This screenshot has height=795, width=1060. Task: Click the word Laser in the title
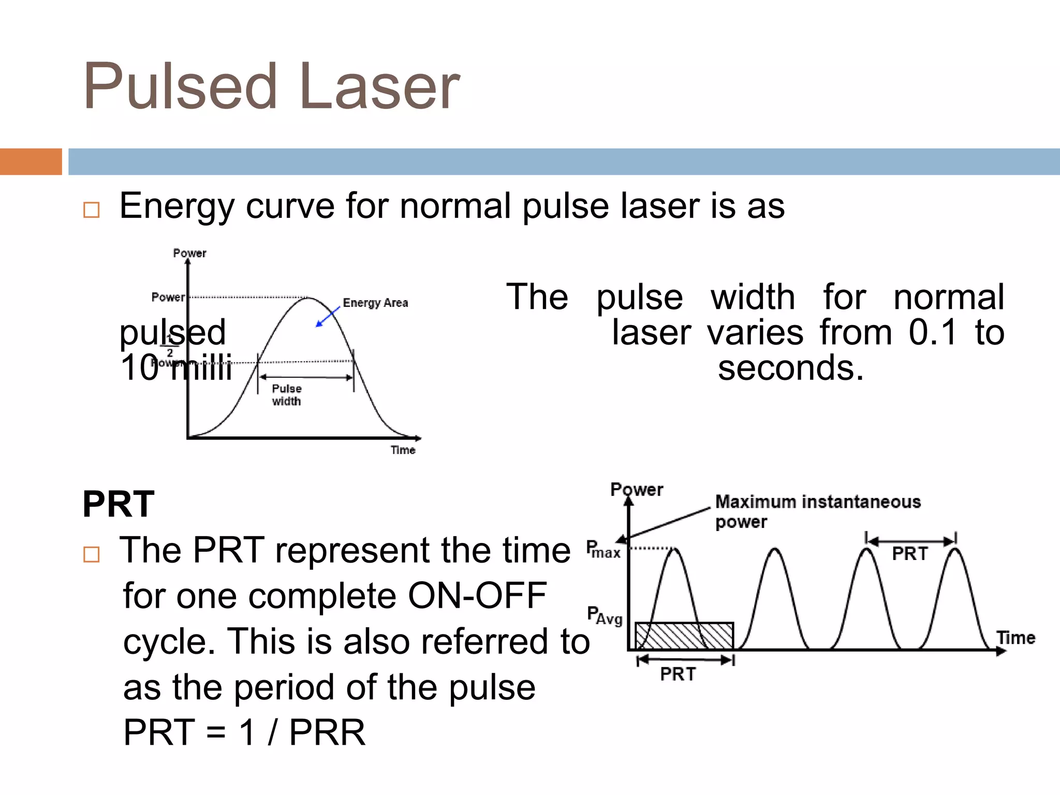[x=379, y=86]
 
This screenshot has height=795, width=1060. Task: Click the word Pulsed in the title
[x=181, y=86]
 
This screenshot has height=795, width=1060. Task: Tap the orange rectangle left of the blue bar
[x=31, y=161]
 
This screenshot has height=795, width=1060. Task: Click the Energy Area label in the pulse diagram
[x=375, y=303]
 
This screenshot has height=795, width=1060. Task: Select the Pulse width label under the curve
[x=287, y=395]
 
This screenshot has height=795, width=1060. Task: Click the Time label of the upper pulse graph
[x=403, y=450]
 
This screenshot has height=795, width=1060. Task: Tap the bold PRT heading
[x=119, y=504]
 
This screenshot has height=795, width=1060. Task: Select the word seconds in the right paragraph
[x=790, y=368]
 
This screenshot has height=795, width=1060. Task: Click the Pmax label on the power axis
[x=603, y=550]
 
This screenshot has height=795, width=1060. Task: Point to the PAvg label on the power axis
[x=605, y=615]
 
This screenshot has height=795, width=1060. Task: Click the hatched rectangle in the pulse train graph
[x=684, y=636]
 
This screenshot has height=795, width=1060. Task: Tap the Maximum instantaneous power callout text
[x=817, y=511]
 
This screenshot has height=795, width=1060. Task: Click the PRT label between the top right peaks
[x=910, y=554]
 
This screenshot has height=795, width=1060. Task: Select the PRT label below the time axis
[x=678, y=674]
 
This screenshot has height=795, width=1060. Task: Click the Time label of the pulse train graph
[x=1015, y=638]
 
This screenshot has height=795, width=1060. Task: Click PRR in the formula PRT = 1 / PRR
[x=327, y=732]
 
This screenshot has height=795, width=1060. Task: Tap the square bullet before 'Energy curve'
[x=91, y=210]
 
